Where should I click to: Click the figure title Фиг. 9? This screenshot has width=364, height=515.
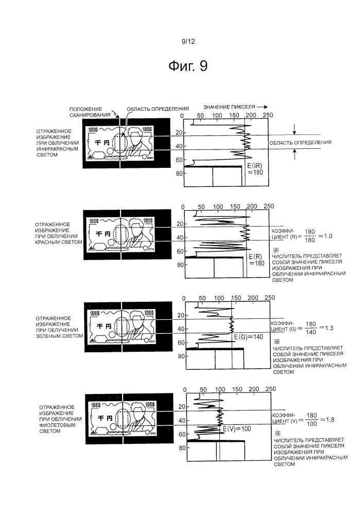point(188,66)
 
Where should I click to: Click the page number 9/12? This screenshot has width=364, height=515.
point(188,41)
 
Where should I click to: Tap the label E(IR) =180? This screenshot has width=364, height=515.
point(255,168)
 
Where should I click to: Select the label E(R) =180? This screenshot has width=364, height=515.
point(256,260)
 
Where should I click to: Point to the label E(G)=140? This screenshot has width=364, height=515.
point(249,337)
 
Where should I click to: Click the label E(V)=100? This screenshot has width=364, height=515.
point(237,429)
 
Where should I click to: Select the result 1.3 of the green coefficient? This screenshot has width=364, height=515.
point(328,328)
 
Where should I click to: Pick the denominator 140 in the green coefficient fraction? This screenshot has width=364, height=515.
point(311,332)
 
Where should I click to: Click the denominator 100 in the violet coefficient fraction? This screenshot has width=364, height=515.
point(311,424)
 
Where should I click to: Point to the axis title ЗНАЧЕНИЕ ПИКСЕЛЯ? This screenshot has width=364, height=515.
point(229,107)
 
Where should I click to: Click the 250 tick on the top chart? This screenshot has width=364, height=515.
point(268,115)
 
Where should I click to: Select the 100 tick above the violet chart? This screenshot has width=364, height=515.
point(220,389)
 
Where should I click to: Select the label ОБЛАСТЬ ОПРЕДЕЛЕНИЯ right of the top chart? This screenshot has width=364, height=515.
point(300,142)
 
